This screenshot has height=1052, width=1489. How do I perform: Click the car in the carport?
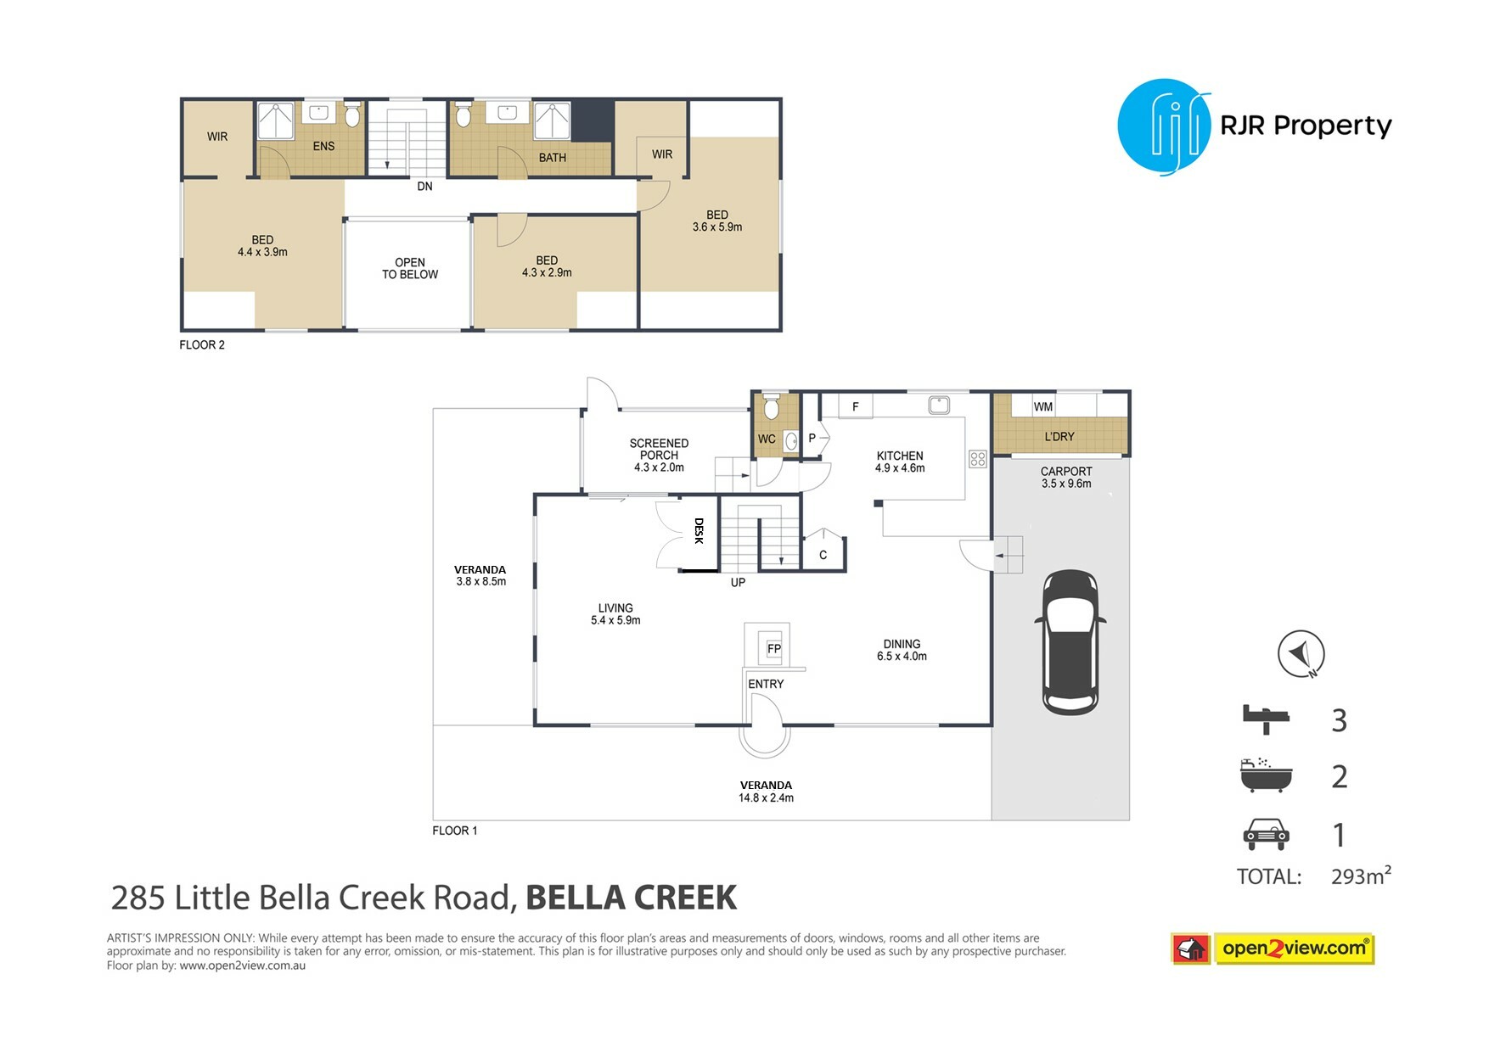tap(1070, 642)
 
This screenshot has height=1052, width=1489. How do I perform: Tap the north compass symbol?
tap(1301, 654)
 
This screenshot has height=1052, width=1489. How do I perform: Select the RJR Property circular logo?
tap(1164, 126)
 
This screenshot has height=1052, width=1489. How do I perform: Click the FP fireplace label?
tap(773, 649)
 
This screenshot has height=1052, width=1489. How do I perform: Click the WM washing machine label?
tap(1042, 407)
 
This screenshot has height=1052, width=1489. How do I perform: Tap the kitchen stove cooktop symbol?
tap(978, 459)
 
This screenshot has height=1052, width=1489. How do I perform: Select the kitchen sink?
tap(938, 405)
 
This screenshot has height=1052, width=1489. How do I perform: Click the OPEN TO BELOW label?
tap(410, 268)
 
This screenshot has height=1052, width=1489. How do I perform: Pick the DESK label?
tap(699, 531)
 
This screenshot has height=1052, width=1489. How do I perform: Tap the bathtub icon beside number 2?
tap(1266, 775)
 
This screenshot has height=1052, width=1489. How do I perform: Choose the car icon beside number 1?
tap(1266, 834)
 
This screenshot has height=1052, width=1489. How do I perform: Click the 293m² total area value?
tap(1361, 876)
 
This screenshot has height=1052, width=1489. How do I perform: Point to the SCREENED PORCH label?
tap(659, 449)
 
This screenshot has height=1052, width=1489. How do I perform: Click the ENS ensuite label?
tap(323, 146)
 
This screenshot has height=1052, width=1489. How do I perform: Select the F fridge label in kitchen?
tap(855, 407)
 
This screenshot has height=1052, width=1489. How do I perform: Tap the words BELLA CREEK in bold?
tap(631, 898)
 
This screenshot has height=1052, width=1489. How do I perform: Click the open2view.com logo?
tap(1273, 948)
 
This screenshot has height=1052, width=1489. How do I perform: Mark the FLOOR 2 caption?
tap(202, 344)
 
